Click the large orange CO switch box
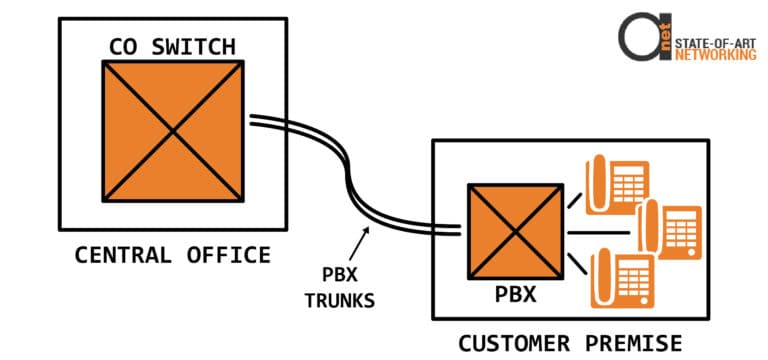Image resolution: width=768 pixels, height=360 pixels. point(173,130)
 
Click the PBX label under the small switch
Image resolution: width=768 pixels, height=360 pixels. point(515,296)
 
